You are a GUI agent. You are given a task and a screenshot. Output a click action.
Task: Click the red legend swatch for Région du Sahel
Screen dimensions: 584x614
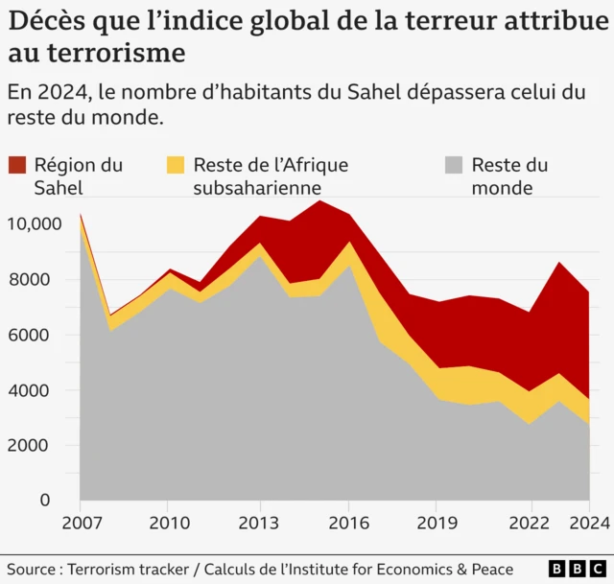click(18, 165)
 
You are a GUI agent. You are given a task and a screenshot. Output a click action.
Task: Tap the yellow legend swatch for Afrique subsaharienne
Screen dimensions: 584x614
click(177, 165)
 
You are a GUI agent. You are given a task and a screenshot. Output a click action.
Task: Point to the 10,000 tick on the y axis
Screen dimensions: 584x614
click(35, 224)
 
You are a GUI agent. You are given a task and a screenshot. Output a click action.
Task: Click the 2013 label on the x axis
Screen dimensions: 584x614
click(259, 525)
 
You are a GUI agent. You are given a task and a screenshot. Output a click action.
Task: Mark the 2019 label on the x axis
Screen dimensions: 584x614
click(438, 525)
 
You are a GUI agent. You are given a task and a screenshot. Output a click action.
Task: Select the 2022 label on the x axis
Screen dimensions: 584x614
click(529, 525)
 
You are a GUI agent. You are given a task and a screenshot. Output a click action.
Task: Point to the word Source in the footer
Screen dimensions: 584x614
click(35, 569)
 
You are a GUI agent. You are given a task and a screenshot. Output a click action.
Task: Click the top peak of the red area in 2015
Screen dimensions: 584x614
click(319, 200)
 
